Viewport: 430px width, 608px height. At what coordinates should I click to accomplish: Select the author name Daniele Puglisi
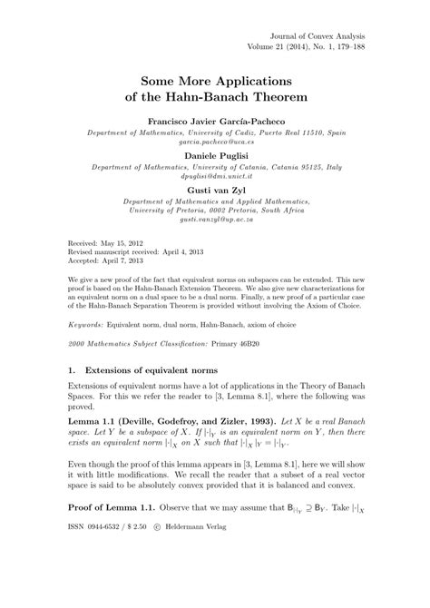[x=215, y=156]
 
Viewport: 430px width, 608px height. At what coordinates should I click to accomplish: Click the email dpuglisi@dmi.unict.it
[x=215, y=178]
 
